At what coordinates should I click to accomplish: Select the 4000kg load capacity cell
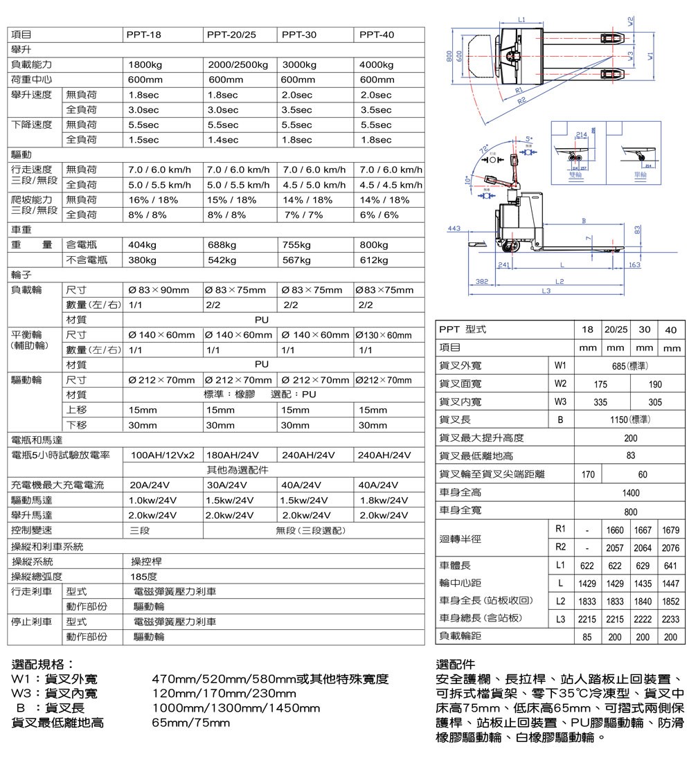tap(377, 65)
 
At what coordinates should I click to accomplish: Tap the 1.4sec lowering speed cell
tap(222, 140)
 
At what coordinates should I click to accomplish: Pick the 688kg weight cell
tap(222, 245)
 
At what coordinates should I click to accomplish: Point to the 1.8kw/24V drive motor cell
tap(384, 500)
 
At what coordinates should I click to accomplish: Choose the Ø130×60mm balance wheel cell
tap(383, 335)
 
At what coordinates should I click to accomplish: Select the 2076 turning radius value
tap(670, 548)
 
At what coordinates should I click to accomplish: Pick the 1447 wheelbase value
tap(670, 584)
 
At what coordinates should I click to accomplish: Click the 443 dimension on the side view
tap(455, 228)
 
